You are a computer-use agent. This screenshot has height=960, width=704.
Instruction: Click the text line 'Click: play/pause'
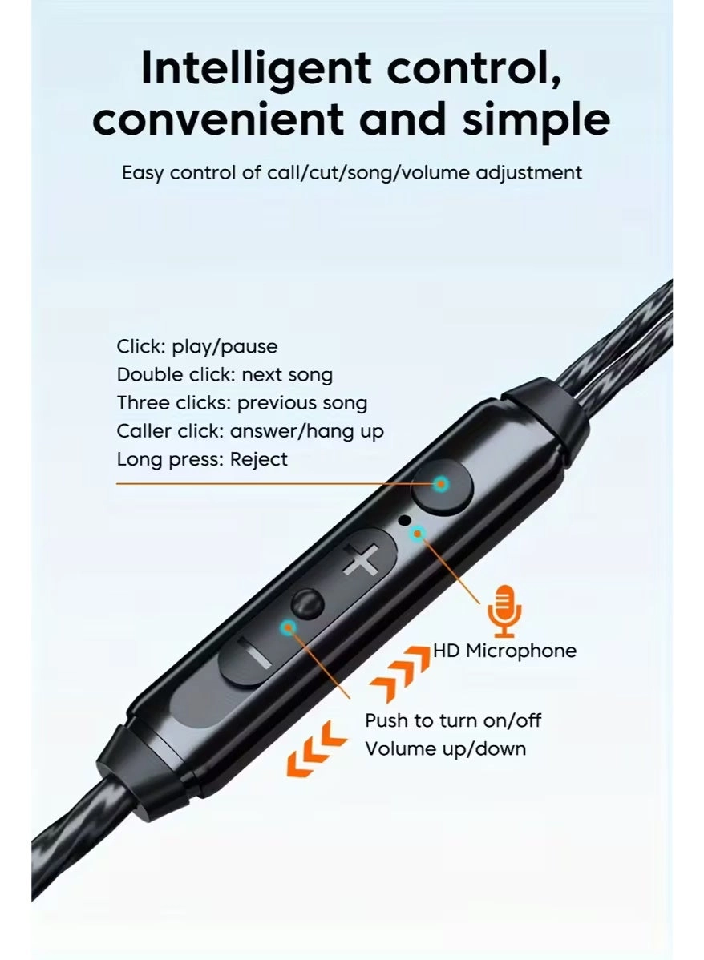196,346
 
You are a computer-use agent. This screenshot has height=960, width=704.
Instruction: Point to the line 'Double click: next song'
225,374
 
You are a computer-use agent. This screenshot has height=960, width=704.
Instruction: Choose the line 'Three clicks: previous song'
242,403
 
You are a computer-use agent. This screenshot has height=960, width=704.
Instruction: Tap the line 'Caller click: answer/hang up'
250,431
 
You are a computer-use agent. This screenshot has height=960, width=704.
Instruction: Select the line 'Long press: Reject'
201,459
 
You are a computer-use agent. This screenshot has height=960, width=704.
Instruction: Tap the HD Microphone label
505,650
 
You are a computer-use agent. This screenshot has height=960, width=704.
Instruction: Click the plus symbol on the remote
360,559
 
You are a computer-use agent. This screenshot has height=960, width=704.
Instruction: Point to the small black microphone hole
404,520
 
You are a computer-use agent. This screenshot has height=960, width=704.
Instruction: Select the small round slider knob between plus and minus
307,603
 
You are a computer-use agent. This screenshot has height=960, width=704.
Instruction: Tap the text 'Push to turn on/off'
453,720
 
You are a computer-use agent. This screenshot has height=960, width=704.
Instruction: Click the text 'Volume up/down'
446,748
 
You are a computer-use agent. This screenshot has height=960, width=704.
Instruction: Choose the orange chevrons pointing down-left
316,748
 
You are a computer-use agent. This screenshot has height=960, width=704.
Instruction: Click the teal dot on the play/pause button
441,484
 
